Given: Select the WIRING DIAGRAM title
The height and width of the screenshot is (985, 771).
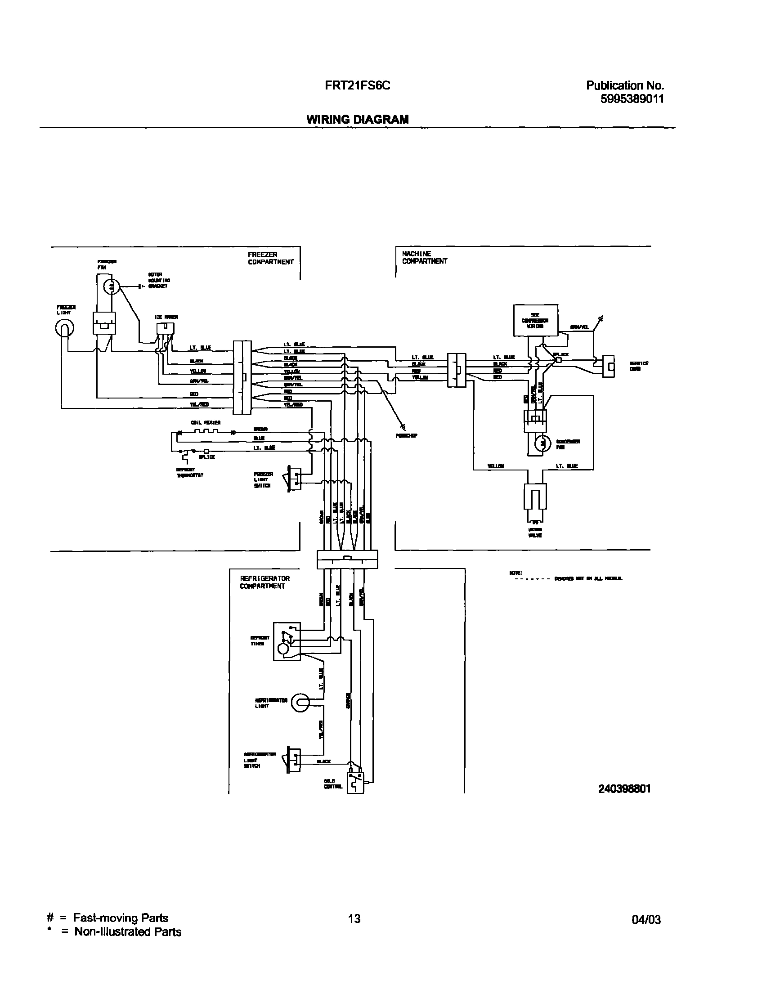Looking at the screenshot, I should pyautogui.click(x=357, y=119).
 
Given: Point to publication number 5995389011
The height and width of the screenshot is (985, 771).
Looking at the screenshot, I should pyautogui.click(x=632, y=99).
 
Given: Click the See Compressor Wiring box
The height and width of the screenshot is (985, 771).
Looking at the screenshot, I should pyautogui.click(x=535, y=320).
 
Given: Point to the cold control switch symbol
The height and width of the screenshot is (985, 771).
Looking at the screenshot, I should pyautogui.click(x=355, y=782).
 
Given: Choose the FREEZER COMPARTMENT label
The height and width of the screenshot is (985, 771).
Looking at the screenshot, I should pyautogui.click(x=270, y=258).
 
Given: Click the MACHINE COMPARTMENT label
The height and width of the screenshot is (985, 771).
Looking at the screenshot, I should pyautogui.click(x=424, y=257).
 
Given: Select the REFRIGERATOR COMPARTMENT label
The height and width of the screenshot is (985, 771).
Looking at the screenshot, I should pyautogui.click(x=264, y=582).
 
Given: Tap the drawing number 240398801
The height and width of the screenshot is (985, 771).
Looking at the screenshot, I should pyautogui.click(x=624, y=788).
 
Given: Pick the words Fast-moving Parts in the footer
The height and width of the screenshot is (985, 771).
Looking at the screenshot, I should pyautogui.click(x=121, y=918).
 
